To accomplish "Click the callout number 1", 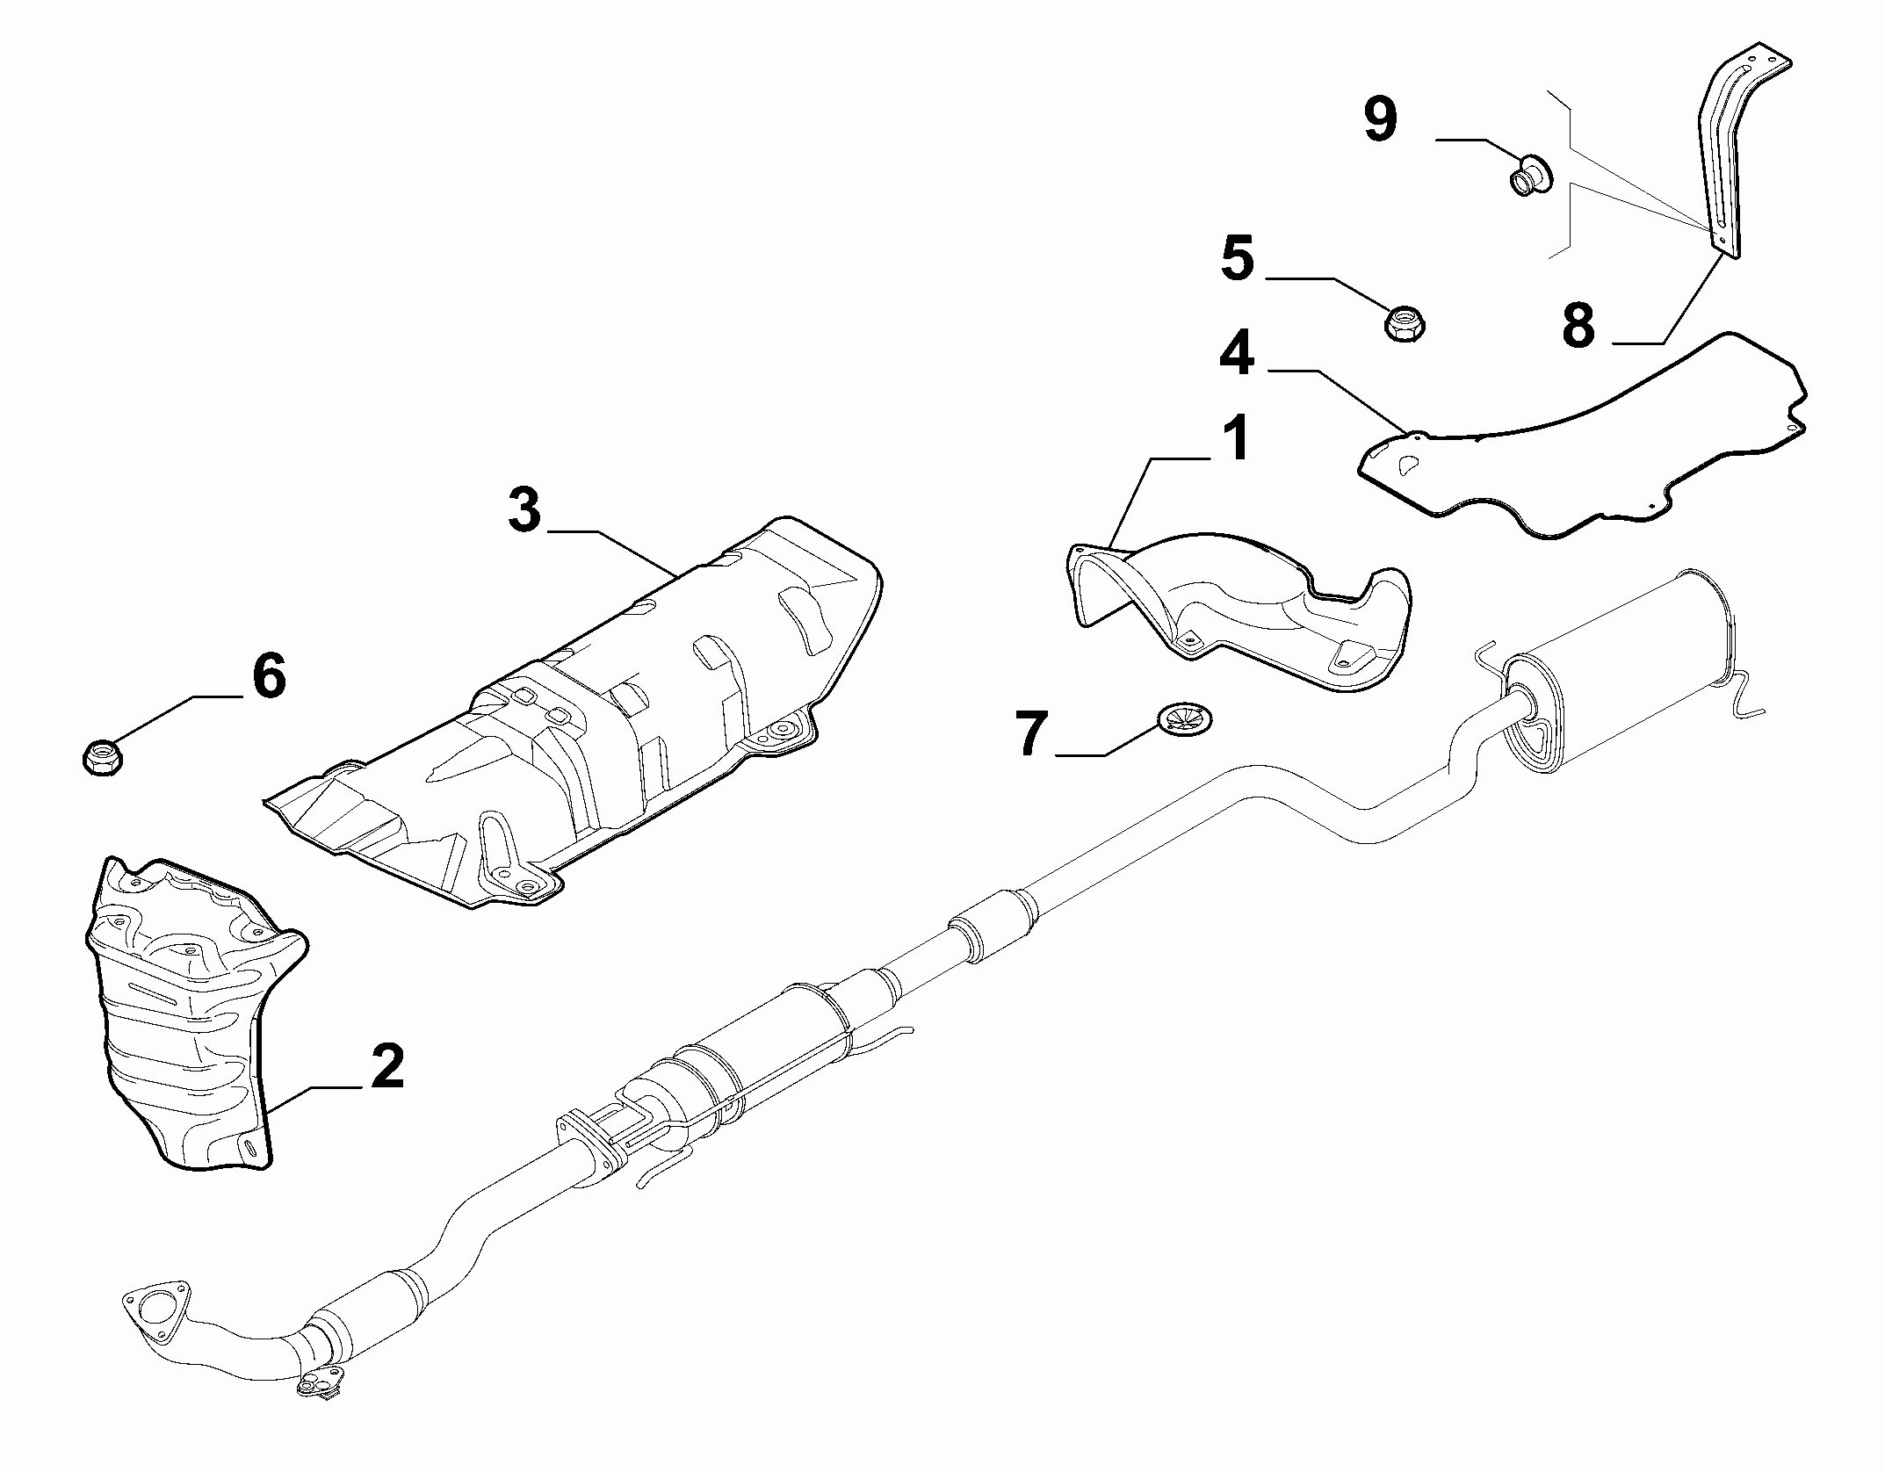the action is pos(1237,440).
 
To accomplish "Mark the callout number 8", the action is pos(1578,324).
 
